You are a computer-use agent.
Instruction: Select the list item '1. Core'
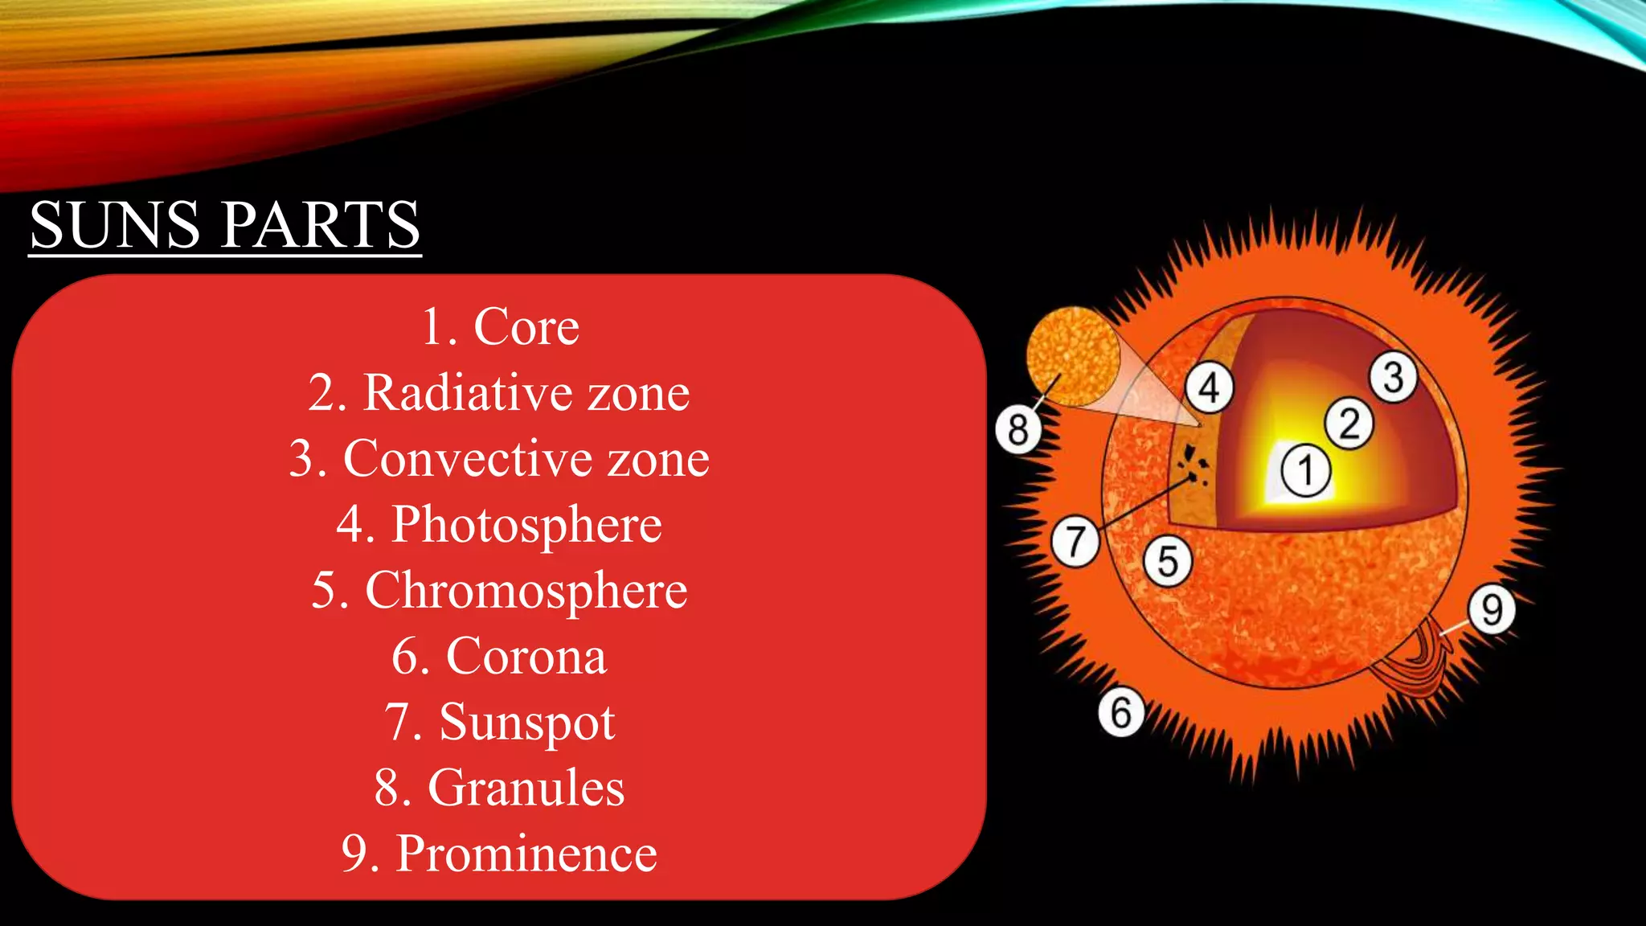tap(500, 327)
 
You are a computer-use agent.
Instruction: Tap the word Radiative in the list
tap(468, 393)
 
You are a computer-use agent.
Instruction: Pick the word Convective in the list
tap(468, 459)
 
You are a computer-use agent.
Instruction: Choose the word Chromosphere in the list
tap(526, 591)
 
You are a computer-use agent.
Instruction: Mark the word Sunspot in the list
tap(526, 723)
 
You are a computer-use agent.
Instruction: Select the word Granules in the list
tap(526, 788)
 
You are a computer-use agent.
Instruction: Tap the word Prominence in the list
tap(526, 854)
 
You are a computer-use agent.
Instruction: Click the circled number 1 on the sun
tap(1306, 471)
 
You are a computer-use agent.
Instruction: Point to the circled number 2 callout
tap(1349, 424)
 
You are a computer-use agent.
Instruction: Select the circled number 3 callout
tap(1394, 378)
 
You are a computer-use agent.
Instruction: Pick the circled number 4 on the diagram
tap(1210, 387)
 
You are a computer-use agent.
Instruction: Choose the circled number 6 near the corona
tap(1121, 711)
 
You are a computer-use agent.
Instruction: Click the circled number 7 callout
tap(1075, 541)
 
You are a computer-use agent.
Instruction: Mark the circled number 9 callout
tap(1492, 610)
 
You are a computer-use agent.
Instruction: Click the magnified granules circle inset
tap(1072, 355)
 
